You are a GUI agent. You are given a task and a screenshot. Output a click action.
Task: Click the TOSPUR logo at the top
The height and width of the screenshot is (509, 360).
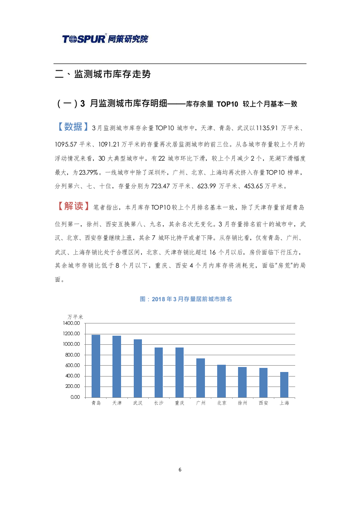[105, 39]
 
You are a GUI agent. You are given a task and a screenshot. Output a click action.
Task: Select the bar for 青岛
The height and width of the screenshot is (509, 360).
[96, 366]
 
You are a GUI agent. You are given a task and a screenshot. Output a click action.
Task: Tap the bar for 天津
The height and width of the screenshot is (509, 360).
[117, 367]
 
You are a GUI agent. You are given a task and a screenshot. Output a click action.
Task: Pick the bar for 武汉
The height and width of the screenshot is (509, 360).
[138, 368]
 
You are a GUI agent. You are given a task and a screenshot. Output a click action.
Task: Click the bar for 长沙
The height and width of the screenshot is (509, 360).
[159, 372]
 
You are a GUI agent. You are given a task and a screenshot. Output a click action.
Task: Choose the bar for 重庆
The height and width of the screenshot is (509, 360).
[180, 372]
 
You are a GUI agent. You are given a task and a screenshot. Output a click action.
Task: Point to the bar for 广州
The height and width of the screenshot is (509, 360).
[200, 378]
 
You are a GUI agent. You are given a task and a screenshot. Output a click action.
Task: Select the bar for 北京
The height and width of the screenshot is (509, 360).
[221, 381]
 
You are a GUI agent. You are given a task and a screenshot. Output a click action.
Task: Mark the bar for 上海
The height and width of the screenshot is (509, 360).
[284, 385]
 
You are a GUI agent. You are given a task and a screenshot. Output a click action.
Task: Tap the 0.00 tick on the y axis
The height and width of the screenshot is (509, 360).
[74, 397]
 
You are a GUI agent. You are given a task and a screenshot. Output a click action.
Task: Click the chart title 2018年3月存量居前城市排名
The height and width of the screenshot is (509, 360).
[186, 299]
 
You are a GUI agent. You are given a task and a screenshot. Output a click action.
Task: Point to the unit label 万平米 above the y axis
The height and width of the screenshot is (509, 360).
[75, 316]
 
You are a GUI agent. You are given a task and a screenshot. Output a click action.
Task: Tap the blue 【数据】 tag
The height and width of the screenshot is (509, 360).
[72, 127]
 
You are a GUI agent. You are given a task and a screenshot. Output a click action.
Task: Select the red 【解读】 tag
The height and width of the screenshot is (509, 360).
[72, 206]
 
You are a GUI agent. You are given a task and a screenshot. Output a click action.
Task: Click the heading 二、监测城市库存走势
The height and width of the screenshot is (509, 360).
[102, 74]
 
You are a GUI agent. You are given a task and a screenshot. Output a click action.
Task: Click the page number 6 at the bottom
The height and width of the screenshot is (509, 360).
[180, 470]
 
